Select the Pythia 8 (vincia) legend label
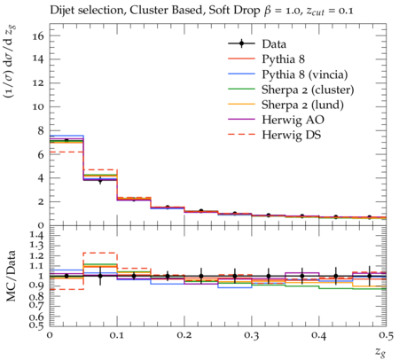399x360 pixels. [x=305, y=74]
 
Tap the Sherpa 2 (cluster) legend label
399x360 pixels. [x=308, y=90]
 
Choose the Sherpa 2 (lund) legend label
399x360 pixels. [x=302, y=105]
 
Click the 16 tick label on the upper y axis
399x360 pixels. [x=38, y=36]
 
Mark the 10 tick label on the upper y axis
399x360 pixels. [x=38, y=106]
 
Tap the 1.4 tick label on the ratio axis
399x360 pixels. [x=37, y=235]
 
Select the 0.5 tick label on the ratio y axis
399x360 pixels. [x=37, y=325]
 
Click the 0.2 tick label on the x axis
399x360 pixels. [x=184, y=335]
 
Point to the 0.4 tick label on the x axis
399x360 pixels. [x=319, y=335]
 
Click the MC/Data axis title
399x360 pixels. [x=11, y=276]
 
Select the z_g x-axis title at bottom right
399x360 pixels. [x=381, y=352]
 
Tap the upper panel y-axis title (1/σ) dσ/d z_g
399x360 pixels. [x=11, y=62]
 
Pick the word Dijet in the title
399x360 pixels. [x=61, y=10]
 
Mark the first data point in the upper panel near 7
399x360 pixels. [x=66, y=140]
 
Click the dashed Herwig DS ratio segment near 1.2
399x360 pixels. [x=100, y=253]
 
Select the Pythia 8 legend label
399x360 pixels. [x=283, y=59]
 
